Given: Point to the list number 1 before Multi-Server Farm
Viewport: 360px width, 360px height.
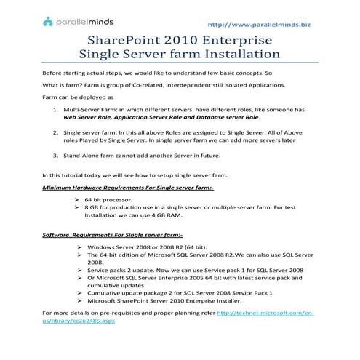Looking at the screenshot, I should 57,109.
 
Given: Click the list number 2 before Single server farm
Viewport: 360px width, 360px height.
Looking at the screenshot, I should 57,133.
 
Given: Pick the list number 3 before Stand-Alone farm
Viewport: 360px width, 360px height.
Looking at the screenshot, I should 57,156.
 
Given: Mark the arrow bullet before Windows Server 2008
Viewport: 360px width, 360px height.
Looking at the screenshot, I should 79,247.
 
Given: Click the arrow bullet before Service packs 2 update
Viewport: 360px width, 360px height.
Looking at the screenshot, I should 79,270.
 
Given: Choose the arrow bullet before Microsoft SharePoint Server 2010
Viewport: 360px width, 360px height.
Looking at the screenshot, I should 79,300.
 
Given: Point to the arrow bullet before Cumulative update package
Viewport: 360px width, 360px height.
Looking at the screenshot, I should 79,292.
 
